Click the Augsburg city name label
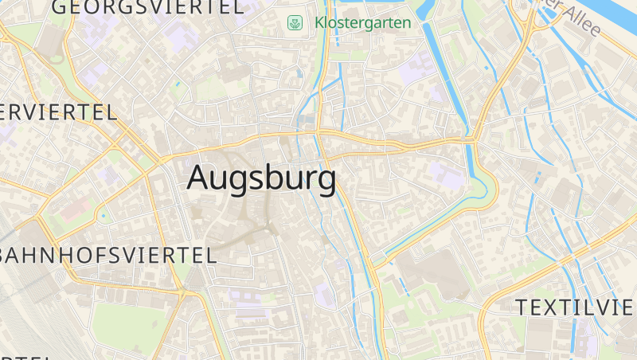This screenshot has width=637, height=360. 261,178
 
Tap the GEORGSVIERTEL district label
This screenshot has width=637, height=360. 147,8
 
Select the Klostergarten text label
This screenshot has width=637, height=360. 363,22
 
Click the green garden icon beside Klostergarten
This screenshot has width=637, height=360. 295,23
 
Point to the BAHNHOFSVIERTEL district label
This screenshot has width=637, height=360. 107,256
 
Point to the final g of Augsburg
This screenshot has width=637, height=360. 326,182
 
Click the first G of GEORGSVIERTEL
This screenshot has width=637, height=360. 60,8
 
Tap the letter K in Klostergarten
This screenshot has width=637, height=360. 319,22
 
